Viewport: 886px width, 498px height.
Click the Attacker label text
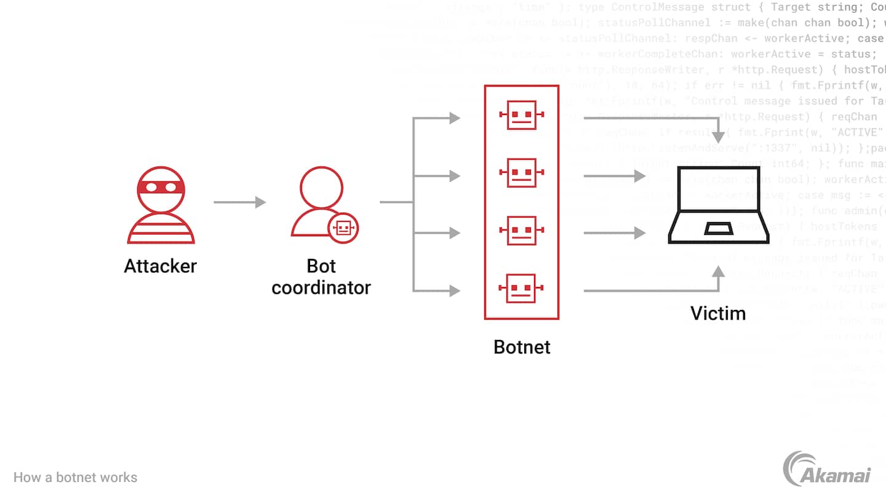(160, 266)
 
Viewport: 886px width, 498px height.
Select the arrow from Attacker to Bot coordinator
(239, 202)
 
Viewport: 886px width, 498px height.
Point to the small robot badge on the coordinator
(343, 227)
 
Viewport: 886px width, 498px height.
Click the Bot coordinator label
(321, 277)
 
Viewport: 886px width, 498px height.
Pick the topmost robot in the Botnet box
(522, 116)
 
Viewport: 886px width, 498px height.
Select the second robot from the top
(522, 174)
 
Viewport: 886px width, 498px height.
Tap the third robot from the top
(522, 232)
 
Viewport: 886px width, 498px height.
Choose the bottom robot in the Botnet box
(522, 288)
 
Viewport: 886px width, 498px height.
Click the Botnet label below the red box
(522, 347)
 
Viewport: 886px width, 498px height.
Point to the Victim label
(718, 313)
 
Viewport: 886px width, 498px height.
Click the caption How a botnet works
(75, 477)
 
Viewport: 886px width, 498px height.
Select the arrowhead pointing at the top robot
(455, 118)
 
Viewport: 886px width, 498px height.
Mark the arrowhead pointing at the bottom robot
(455, 290)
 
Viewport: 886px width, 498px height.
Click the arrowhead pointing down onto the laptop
(718, 137)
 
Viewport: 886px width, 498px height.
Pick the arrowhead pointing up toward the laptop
(718, 271)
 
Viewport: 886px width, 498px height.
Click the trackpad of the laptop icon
(718, 229)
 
